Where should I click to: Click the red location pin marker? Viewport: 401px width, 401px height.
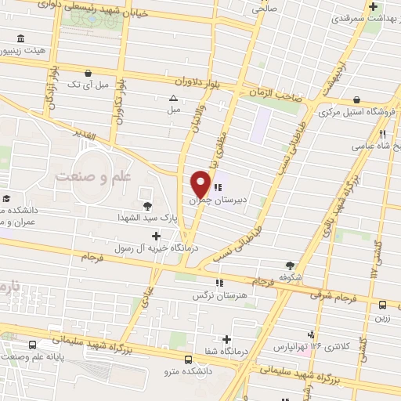point(200,186)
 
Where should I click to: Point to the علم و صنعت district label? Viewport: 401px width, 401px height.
point(93,179)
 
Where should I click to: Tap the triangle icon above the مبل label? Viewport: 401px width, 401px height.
point(173,98)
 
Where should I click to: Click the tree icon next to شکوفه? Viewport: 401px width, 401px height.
point(291,266)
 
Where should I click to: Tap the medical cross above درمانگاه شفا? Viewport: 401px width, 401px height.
point(227,340)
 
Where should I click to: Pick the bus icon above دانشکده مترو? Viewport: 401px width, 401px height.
point(186,359)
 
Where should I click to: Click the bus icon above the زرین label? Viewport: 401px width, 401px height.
point(382,305)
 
